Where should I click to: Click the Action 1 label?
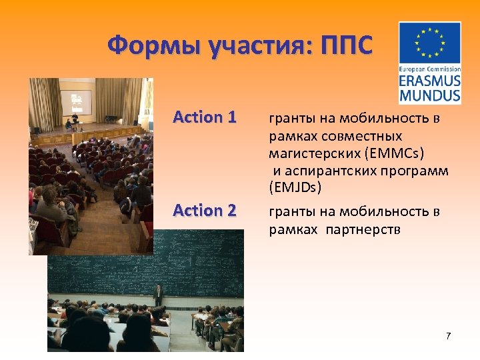(204, 117)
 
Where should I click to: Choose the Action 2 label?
(204, 211)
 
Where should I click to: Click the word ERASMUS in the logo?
(430, 81)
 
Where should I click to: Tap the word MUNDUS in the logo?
(430, 95)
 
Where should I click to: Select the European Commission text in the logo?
(430, 69)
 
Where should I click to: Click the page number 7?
(448, 335)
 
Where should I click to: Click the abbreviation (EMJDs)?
(295, 188)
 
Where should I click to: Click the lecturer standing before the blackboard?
(159, 294)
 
